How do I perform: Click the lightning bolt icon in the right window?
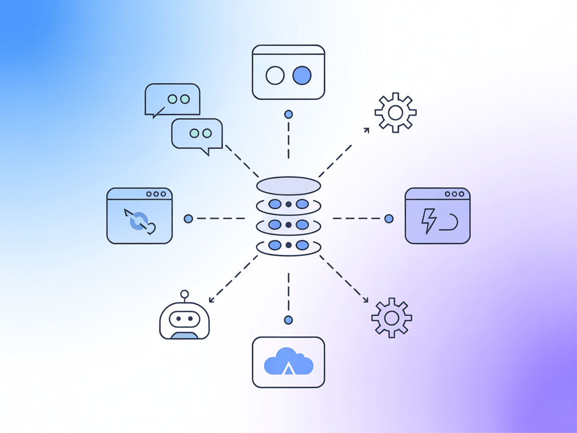[x=429, y=222]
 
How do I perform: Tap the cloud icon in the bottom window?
[x=288, y=361]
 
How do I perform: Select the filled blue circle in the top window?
[x=302, y=76]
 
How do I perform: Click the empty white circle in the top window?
[x=275, y=76]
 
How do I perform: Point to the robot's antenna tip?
[x=185, y=294]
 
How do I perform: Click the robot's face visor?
[x=184, y=319]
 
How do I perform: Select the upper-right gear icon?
[x=396, y=113]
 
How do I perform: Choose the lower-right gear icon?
[x=392, y=318]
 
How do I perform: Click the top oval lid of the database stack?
[x=288, y=185]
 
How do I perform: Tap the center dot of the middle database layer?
[x=288, y=225]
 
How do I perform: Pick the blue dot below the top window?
[x=288, y=115]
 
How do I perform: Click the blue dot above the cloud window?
[x=288, y=320]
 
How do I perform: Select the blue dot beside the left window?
[x=188, y=219]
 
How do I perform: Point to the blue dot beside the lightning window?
[x=389, y=219]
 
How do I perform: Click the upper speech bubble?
[x=173, y=99]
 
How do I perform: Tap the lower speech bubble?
[x=197, y=134]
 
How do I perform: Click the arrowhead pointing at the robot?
[x=211, y=300]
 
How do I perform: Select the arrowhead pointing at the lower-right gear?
[x=366, y=301]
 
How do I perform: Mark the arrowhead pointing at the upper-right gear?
[x=367, y=130]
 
